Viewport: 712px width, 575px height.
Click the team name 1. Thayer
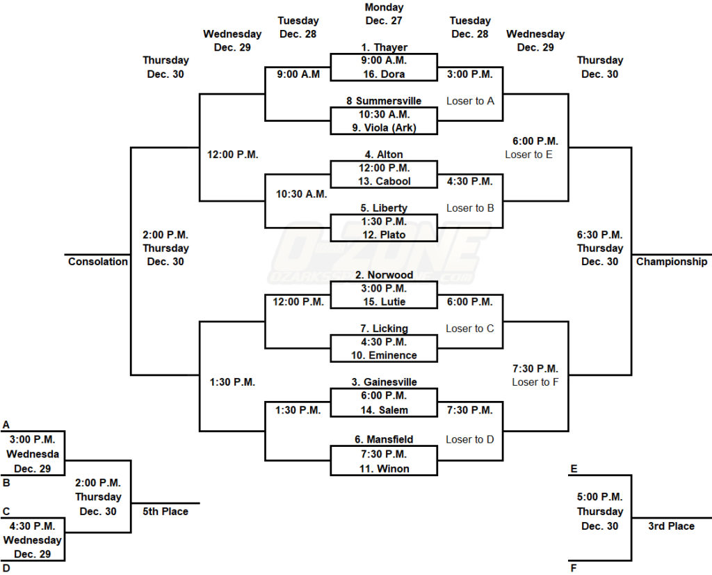click(x=384, y=47)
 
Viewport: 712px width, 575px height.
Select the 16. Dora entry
click(x=384, y=74)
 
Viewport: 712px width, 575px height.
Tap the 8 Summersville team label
click(x=384, y=101)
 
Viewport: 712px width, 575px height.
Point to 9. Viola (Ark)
click(x=384, y=127)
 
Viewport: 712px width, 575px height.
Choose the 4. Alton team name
click(x=384, y=155)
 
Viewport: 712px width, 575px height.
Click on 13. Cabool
click(x=384, y=181)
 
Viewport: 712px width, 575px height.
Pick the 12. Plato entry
click(x=384, y=235)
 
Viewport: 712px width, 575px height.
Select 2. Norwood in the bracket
click(x=384, y=275)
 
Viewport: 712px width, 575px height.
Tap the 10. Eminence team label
click(x=384, y=355)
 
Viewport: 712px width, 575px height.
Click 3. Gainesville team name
click(x=384, y=382)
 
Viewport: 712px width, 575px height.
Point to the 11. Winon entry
click(x=384, y=468)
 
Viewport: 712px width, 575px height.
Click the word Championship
click(x=672, y=262)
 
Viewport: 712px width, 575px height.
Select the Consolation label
click(x=98, y=262)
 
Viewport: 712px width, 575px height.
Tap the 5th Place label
click(x=165, y=511)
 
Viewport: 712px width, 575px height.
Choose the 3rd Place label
click(x=671, y=526)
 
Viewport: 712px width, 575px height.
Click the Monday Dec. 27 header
click(x=384, y=14)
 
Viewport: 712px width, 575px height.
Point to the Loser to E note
click(x=528, y=155)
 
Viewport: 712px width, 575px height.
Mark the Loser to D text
click(x=470, y=439)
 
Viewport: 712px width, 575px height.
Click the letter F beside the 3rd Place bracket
click(x=574, y=568)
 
